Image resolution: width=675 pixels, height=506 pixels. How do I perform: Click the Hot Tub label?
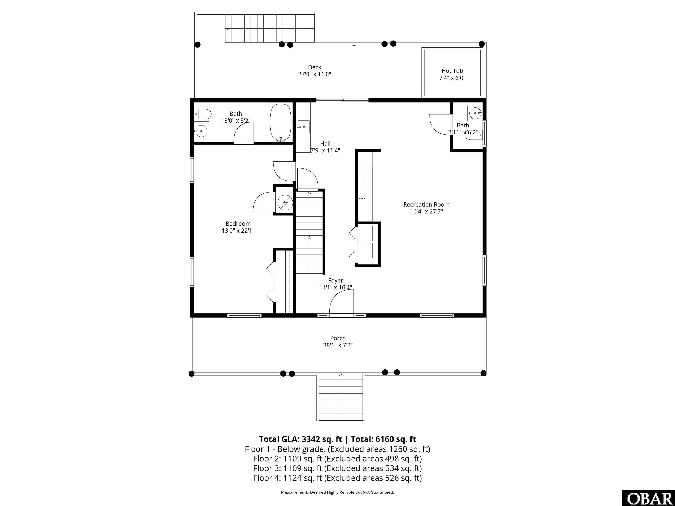click(x=452, y=71)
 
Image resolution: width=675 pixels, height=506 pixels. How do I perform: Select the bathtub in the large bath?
click(x=280, y=122)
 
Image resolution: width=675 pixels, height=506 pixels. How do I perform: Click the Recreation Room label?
click(x=426, y=205)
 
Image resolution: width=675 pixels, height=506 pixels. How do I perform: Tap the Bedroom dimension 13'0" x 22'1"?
click(x=238, y=231)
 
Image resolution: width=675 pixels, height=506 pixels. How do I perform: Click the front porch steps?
click(x=341, y=396)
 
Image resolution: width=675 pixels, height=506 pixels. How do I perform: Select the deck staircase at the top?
click(x=270, y=28)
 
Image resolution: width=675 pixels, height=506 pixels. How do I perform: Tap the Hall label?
click(x=325, y=143)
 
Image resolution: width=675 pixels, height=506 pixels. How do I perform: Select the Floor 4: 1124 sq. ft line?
click(x=337, y=478)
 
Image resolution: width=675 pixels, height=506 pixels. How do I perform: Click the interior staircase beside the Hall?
click(x=309, y=232)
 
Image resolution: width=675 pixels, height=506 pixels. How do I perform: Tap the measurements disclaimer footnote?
click(x=337, y=492)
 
